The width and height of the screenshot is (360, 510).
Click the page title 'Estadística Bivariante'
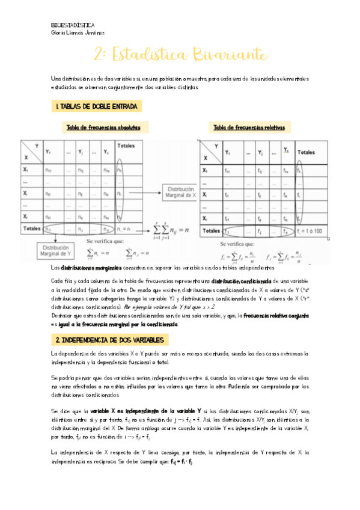180,55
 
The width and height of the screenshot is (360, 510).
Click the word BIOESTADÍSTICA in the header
73,25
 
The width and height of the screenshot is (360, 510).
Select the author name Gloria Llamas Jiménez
78,33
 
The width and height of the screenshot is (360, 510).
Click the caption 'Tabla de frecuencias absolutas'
103,127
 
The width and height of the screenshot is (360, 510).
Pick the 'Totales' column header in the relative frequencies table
305,153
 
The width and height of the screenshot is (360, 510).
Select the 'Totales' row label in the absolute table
31,229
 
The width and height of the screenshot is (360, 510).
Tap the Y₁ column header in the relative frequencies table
227,153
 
